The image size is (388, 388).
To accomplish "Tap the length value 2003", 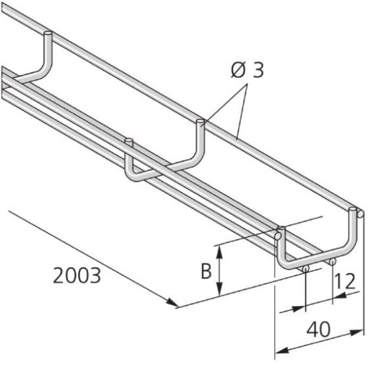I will [x=78, y=276].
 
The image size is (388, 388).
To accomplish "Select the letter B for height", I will [x=206, y=270].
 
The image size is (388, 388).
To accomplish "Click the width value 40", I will [x=318, y=329].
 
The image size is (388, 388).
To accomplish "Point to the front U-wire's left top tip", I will [x=279, y=231].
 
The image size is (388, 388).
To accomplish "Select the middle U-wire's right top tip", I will [x=201, y=122].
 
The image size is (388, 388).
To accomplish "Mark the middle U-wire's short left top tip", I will [x=129, y=141].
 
